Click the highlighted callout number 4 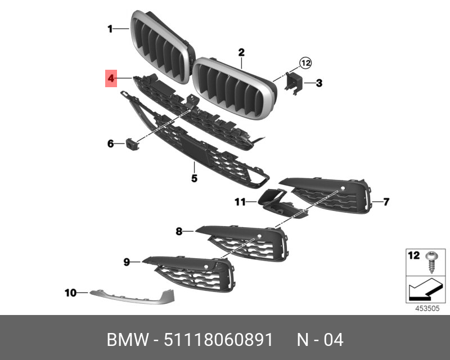pos(111,79)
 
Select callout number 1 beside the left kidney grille pos(111,28)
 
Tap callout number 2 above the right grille pos(241,53)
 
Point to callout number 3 pos(318,84)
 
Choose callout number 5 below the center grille pos(193,178)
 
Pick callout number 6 pos(111,144)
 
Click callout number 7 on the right pos(386,201)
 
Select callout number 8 pos(179,231)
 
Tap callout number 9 pos(127,262)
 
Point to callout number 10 pos(70,292)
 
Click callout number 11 pos(240,201)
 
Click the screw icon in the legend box pos(431,262)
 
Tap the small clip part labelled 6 pos(133,144)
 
